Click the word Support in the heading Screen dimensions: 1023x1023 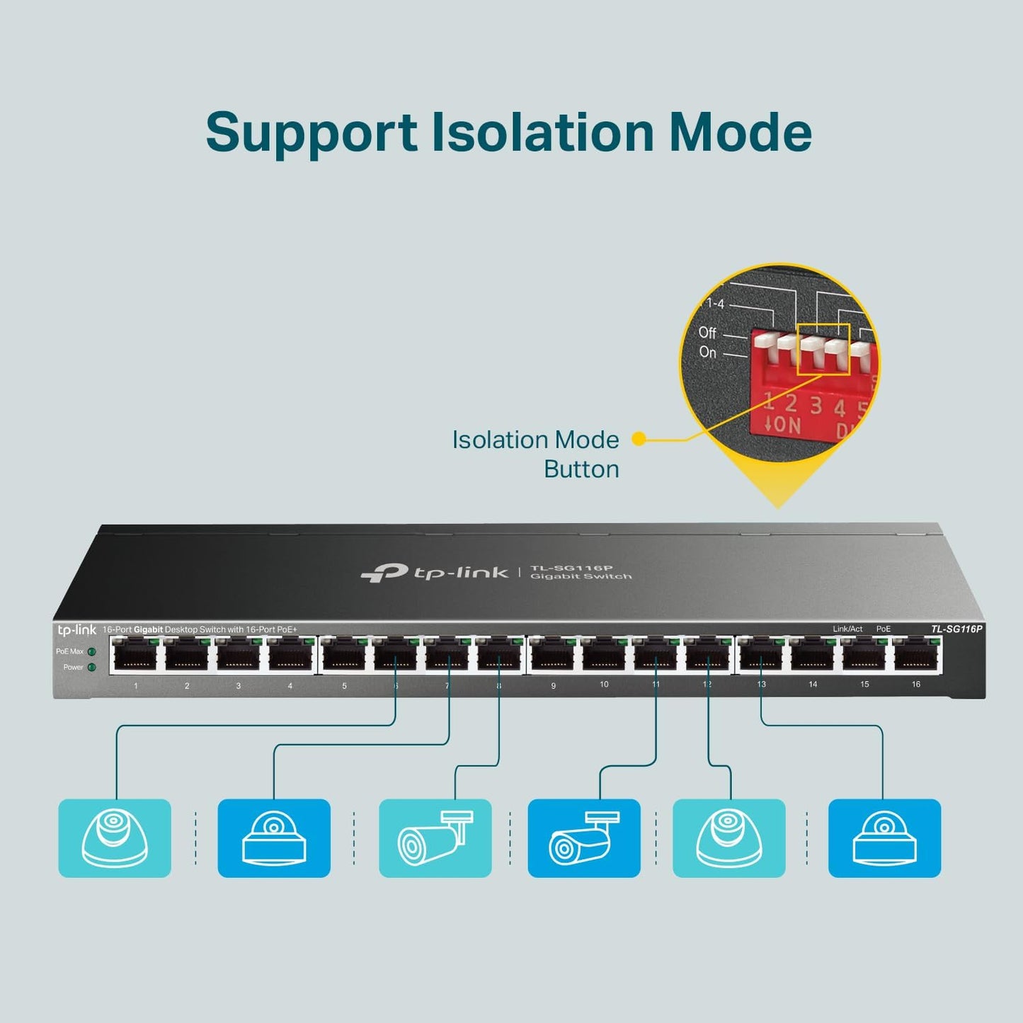pos(312,133)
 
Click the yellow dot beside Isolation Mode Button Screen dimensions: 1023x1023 pos(639,439)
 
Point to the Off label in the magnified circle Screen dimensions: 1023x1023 pos(707,332)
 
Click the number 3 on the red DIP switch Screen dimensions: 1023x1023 pos(816,406)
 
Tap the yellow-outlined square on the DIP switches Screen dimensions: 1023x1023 pos(823,349)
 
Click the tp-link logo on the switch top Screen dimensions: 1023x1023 pos(434,572)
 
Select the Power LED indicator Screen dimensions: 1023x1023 pos(91,667)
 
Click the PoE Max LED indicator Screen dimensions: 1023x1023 pos(91,651)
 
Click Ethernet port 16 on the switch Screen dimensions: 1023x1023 pos(916,654)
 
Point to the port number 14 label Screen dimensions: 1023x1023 pos(813,685)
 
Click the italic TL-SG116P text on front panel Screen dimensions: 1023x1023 pos(956,629)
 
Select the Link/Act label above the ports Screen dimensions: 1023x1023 pos(847,629)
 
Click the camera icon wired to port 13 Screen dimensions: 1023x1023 pos(884,838)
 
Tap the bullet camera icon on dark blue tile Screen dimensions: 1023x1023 pos(584,838)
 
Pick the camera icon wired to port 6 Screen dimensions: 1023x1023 pos(115,838)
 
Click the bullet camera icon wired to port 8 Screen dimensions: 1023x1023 pos(435,838)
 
